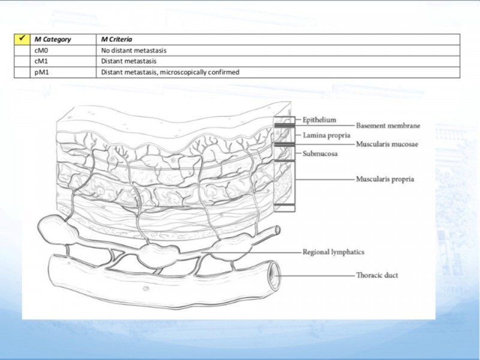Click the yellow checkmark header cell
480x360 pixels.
(22, 40)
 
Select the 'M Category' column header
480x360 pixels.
(53, 40)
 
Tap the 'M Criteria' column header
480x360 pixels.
(116, 40)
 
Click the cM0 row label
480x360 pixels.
(41, 50)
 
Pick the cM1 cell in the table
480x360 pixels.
(41, 61)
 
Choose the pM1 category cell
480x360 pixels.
(41, 73)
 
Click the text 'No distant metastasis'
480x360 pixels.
(134, 50)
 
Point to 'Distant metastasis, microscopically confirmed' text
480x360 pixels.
(170, 73)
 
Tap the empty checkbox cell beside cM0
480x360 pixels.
(22, 50)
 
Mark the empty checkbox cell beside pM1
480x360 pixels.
(22, 73)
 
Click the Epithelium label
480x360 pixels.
(319, 120)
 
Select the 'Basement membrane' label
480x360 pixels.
(388, 126)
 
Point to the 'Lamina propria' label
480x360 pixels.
(326, 136)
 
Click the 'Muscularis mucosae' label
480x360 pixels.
(387, 144)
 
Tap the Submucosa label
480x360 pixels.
(320, 154)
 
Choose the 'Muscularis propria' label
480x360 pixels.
(385, 179)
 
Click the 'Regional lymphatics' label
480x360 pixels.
(334, 252)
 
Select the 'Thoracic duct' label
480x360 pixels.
(377, 275)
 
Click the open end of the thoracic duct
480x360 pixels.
(273, 274)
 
